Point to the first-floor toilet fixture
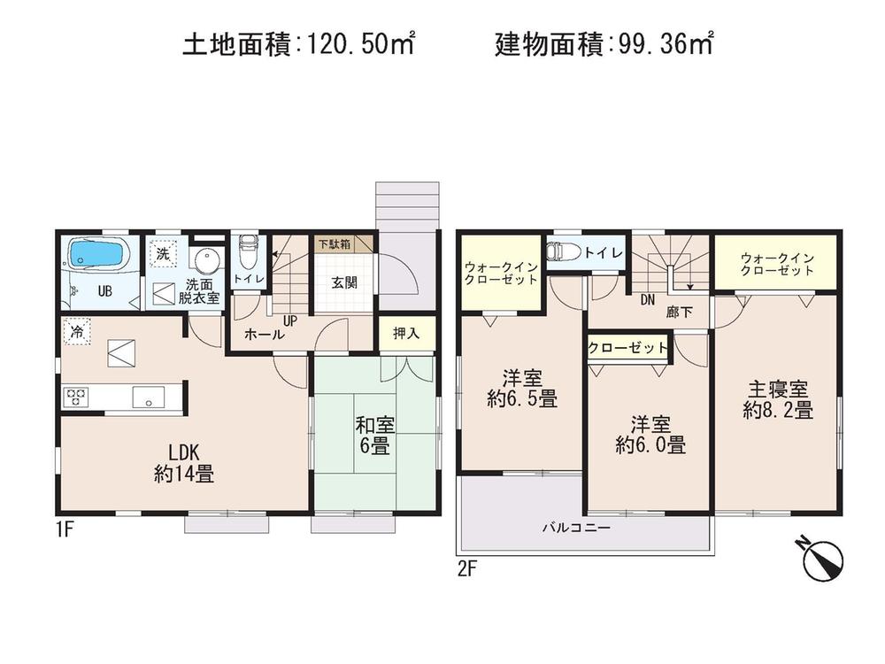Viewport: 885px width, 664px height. tap(247, 252)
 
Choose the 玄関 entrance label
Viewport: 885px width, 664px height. tap(344, 283)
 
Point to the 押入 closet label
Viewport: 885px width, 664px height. tap(406, 336)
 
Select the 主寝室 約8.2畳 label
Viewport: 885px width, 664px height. tap(776, 399)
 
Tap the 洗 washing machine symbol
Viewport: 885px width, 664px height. tap(163, 252)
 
